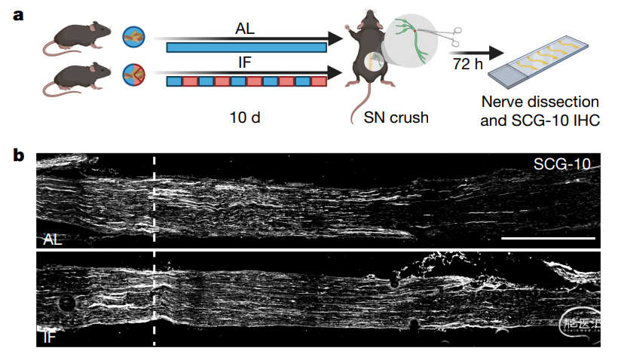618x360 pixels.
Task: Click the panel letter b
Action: [20, 156]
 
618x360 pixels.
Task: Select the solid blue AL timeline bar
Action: [246, 47]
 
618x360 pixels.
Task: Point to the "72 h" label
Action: [469, 65]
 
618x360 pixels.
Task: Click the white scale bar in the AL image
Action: [548, 236]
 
